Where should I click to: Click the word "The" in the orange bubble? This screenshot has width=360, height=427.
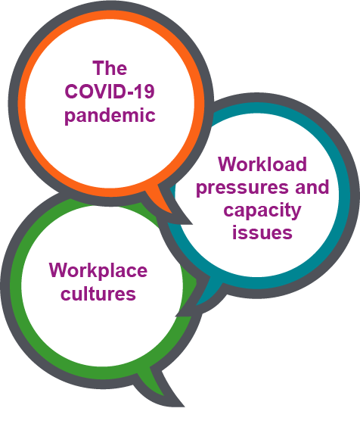(110, 68)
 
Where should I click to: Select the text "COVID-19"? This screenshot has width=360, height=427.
(110, 91)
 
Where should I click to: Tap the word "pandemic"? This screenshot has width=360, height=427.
(110, 116)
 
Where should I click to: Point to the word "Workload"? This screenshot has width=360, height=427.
(262, 164)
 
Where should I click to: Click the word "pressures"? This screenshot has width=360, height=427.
(242, 189)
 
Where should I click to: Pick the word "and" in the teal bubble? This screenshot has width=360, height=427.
(312, 187)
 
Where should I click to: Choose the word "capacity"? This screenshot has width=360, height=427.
(262, 211)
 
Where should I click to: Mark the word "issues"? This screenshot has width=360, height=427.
(262, 232)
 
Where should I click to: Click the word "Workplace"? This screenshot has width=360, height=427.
(98, 271)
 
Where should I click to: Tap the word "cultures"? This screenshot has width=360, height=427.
(98, 293)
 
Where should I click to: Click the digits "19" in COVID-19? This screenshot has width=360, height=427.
(144, 91)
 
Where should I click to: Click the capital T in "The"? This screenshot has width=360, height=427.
(98, 68)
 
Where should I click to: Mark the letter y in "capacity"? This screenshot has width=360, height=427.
(296, 213)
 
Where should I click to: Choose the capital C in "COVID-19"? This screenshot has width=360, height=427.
(71, 91)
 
